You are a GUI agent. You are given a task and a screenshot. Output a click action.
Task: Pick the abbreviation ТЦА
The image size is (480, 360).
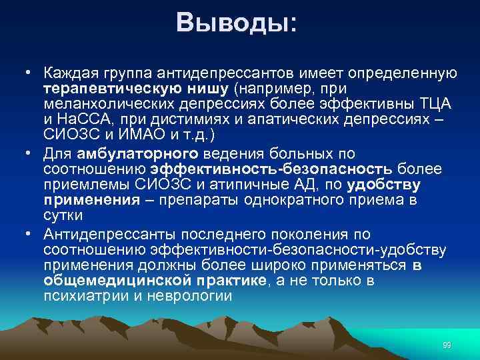[434, 104]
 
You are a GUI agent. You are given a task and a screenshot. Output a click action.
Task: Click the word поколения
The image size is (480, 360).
[320, 235]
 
